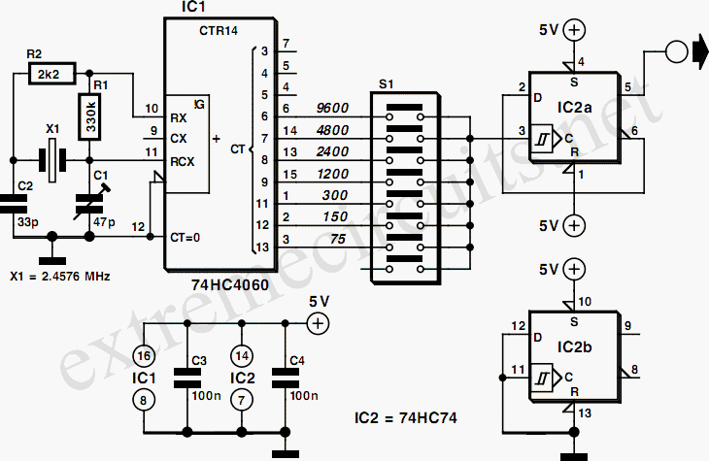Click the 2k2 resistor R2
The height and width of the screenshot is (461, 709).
coord(52,73)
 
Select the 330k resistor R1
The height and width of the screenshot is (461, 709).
coord(89,116)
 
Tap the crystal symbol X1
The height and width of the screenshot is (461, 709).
coord(52,160)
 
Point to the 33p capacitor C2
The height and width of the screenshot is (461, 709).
coord(14,204)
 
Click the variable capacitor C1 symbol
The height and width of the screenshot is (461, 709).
coord(89,203)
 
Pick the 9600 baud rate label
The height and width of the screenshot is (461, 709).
coord(332,108)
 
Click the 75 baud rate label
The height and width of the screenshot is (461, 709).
coord(338,239)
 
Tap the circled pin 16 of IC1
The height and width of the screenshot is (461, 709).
coord(144,356)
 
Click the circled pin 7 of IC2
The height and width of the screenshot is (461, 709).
coord(242,401)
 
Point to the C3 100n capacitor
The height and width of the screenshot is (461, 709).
coord(187,378)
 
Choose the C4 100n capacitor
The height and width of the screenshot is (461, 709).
coord(285,378)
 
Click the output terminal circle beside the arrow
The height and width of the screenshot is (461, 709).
coord(677,51)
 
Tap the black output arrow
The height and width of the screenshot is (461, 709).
coord(701,51)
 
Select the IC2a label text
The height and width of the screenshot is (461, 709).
coord(574,108)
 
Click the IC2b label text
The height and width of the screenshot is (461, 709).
coord(574,347)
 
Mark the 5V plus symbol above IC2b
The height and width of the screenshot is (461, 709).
coord(574,270)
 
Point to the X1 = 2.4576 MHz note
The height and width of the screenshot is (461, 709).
coord(60,277)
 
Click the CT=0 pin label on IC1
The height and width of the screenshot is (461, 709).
coord(185,237)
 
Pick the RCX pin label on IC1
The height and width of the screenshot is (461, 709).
coord(183,161)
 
